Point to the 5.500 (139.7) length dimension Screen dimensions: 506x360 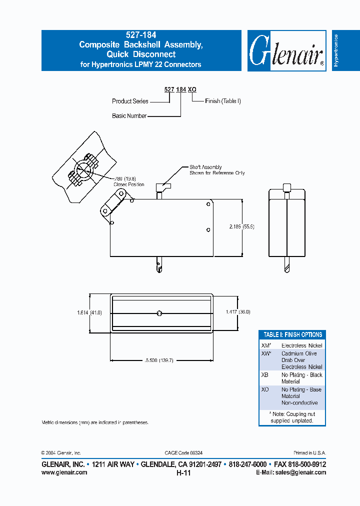pyautogui.click(x=158, y=360)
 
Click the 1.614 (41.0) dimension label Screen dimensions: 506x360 pyautogui.click(x=89, y=312)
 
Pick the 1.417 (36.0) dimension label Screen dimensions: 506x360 pyautogui.click(x=237, y=311)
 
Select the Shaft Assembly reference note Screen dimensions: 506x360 pyautogui.click(x=216, y=170)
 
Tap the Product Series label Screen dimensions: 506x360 pyautogui.click(x=130, y=101)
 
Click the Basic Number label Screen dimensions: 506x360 pyautogui.click(x=129, y=115)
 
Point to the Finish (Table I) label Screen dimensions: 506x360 pyautogui.click(x=223, y=101)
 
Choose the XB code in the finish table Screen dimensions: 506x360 pyautogui.click(x=264, y=375)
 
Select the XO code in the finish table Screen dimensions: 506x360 pyautogui.click(x=264, y=389)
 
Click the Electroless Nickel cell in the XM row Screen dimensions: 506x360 pyautogui.click(x=301, y=345)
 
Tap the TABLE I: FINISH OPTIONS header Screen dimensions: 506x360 pyautogui.click(x=292, y=334)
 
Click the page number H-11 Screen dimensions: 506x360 pyautogui.click(x=183, y=472)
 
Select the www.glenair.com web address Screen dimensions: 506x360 pyautogui.click(x=64, y=472)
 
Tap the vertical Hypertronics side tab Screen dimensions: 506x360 pyautogui.click(x=336, y=50)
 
